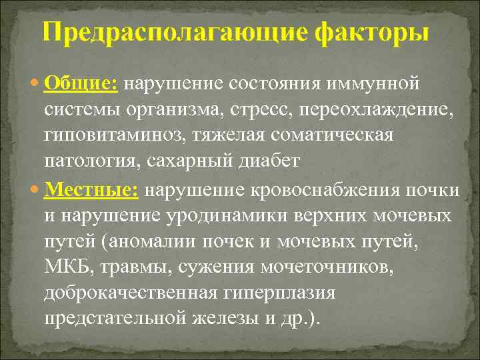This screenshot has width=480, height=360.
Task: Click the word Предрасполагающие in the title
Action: pyautogui.click(x=154, y=33)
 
